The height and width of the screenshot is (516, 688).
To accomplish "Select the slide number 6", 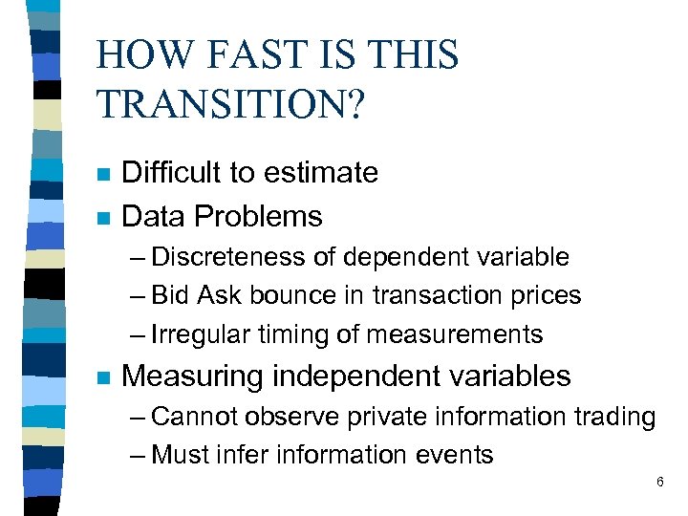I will click(659, 483).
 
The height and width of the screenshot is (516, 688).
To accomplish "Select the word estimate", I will click(325, 173).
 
